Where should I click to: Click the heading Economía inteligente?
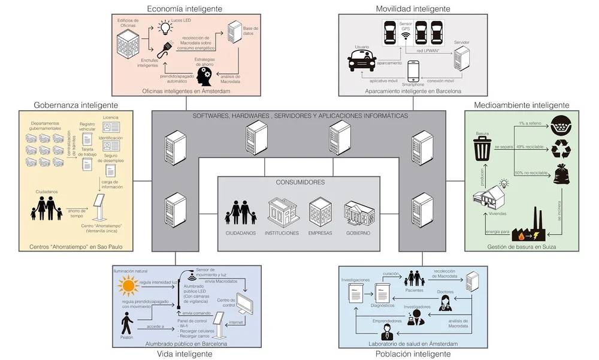184,8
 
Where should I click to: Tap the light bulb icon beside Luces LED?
164,26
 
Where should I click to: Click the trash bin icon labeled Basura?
483,148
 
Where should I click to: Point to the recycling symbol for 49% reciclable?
561,148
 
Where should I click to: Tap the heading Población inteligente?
413,354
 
